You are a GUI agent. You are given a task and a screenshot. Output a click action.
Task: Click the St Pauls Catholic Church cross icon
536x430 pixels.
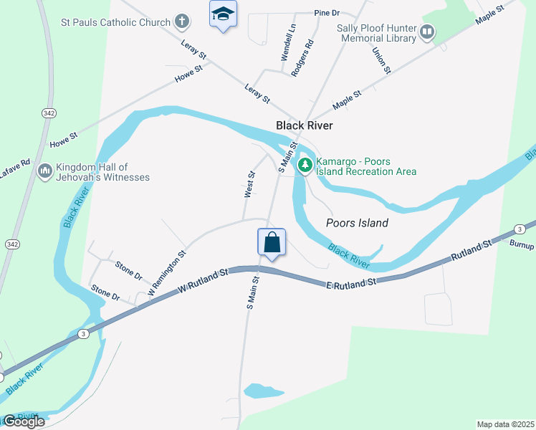point(183,21)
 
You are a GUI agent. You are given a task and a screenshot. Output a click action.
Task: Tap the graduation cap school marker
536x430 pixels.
point(224,14)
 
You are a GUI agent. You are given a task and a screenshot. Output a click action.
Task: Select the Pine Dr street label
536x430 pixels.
point(327,13)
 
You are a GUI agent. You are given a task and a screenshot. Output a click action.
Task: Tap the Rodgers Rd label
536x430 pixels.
point(302,57)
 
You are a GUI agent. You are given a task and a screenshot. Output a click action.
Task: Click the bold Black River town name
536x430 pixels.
point(305,125)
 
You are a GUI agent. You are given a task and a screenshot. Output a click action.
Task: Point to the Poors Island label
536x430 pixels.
point(357,223)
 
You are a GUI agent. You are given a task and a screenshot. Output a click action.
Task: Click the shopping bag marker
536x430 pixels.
point(272,242)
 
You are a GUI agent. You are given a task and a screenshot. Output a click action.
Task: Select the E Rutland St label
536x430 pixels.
point(351,282)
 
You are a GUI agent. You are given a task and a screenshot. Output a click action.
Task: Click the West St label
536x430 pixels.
point(249,184)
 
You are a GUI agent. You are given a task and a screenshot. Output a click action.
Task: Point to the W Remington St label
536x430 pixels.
point(167,274)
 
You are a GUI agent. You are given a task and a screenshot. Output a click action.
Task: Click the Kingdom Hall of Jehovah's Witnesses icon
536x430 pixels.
point(44,171)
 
